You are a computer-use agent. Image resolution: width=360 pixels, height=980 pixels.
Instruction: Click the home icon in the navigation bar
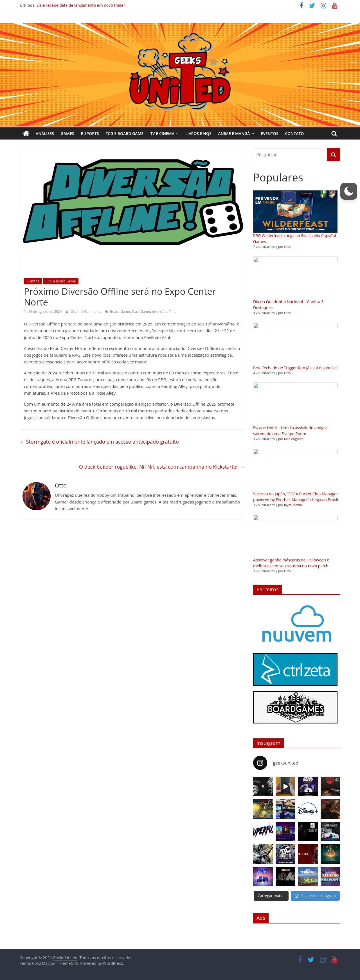point(26,134)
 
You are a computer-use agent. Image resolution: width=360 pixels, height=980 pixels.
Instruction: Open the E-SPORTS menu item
point(90,134)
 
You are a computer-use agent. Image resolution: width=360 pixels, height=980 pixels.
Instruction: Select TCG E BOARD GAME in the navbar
point(124,134)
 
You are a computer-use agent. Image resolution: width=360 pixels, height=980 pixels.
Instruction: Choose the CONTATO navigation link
point(294,134)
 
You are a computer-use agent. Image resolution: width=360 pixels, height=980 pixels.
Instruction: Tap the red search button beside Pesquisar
point(333,155)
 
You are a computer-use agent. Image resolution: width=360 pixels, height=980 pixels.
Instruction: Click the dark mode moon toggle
point(348,191)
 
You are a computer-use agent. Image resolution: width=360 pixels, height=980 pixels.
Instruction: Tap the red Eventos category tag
point(33,281)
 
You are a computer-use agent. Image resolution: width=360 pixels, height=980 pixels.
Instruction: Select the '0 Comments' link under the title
point(91,312)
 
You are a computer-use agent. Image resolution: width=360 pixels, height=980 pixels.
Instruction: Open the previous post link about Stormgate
point(99,442)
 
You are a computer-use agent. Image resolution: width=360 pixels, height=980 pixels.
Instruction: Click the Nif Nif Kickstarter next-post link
point(162,467)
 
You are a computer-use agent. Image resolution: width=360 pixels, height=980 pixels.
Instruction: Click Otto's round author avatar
point(37,496)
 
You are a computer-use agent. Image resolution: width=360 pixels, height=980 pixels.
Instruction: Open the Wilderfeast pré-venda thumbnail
point(295,212)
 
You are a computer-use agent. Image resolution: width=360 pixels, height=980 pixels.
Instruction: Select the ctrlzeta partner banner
point(295,669)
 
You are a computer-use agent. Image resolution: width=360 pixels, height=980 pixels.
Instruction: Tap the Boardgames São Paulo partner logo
point(295,707)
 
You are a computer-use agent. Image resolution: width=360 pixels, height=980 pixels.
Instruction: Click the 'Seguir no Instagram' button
point(315,896)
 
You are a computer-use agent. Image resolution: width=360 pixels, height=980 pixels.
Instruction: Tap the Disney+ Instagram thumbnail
point(308,809)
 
